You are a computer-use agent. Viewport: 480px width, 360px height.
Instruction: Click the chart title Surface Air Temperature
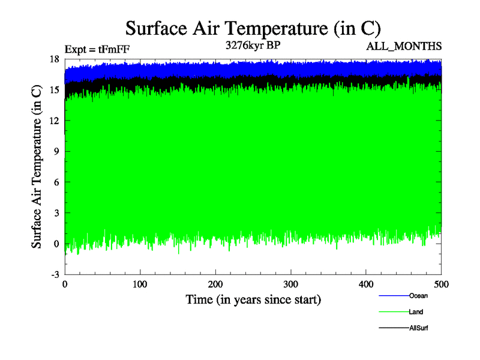tap(253, 28)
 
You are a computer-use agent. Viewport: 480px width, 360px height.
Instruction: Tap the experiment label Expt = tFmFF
tap(97, 50)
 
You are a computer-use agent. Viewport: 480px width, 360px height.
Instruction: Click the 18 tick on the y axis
tap(54, 59)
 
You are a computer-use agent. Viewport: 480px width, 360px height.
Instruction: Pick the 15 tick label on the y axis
tap(54, 90)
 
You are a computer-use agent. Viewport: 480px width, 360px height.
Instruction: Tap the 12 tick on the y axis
tap(54, 121)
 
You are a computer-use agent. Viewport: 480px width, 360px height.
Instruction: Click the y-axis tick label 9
tap(56, 151)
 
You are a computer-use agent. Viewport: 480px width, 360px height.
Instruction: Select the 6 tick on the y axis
tap(56, 182)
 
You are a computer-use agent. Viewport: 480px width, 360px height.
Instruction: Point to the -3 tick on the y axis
tap(54, 274)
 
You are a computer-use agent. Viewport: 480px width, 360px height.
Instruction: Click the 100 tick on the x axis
tap(140, 284)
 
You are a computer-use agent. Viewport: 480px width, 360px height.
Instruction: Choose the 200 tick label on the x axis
tap(215, 284)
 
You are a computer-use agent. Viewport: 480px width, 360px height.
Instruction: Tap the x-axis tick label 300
tap(291, 284)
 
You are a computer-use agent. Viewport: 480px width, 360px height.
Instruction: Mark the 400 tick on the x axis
tap(366, 284)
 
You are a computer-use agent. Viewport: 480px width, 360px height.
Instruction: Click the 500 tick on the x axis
tap(442, 284)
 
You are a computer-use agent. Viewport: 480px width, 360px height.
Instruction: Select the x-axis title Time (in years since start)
tap(253, 299)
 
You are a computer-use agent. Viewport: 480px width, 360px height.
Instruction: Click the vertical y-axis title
tap(37, 166)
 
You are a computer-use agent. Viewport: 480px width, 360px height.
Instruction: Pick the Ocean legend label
tap(418, 296)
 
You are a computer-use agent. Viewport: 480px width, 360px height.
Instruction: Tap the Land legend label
tap(416, 312)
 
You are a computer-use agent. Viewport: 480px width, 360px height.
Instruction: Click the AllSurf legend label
tap(418, 328)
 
